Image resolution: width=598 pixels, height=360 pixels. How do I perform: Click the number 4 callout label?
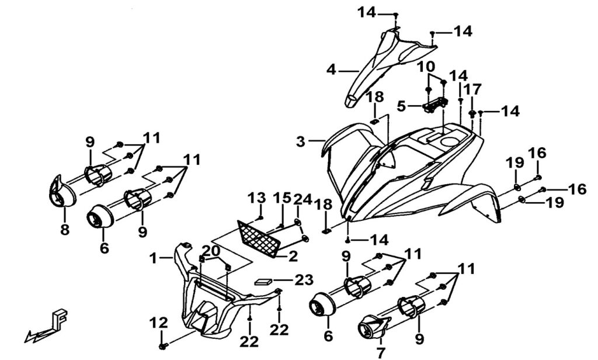[331, 70]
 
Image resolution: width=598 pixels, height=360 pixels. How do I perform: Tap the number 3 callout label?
[300, 141]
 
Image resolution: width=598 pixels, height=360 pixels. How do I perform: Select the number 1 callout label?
[152, 257]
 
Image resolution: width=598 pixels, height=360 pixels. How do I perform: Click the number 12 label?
[158, 323]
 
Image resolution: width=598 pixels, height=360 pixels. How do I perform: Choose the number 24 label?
[300, 199]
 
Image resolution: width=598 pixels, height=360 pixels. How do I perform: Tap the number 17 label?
[474, 89]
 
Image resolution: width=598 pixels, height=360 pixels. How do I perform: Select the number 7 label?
[381, 352]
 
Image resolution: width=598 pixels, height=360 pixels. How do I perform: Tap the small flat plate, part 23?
[264, 280]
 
